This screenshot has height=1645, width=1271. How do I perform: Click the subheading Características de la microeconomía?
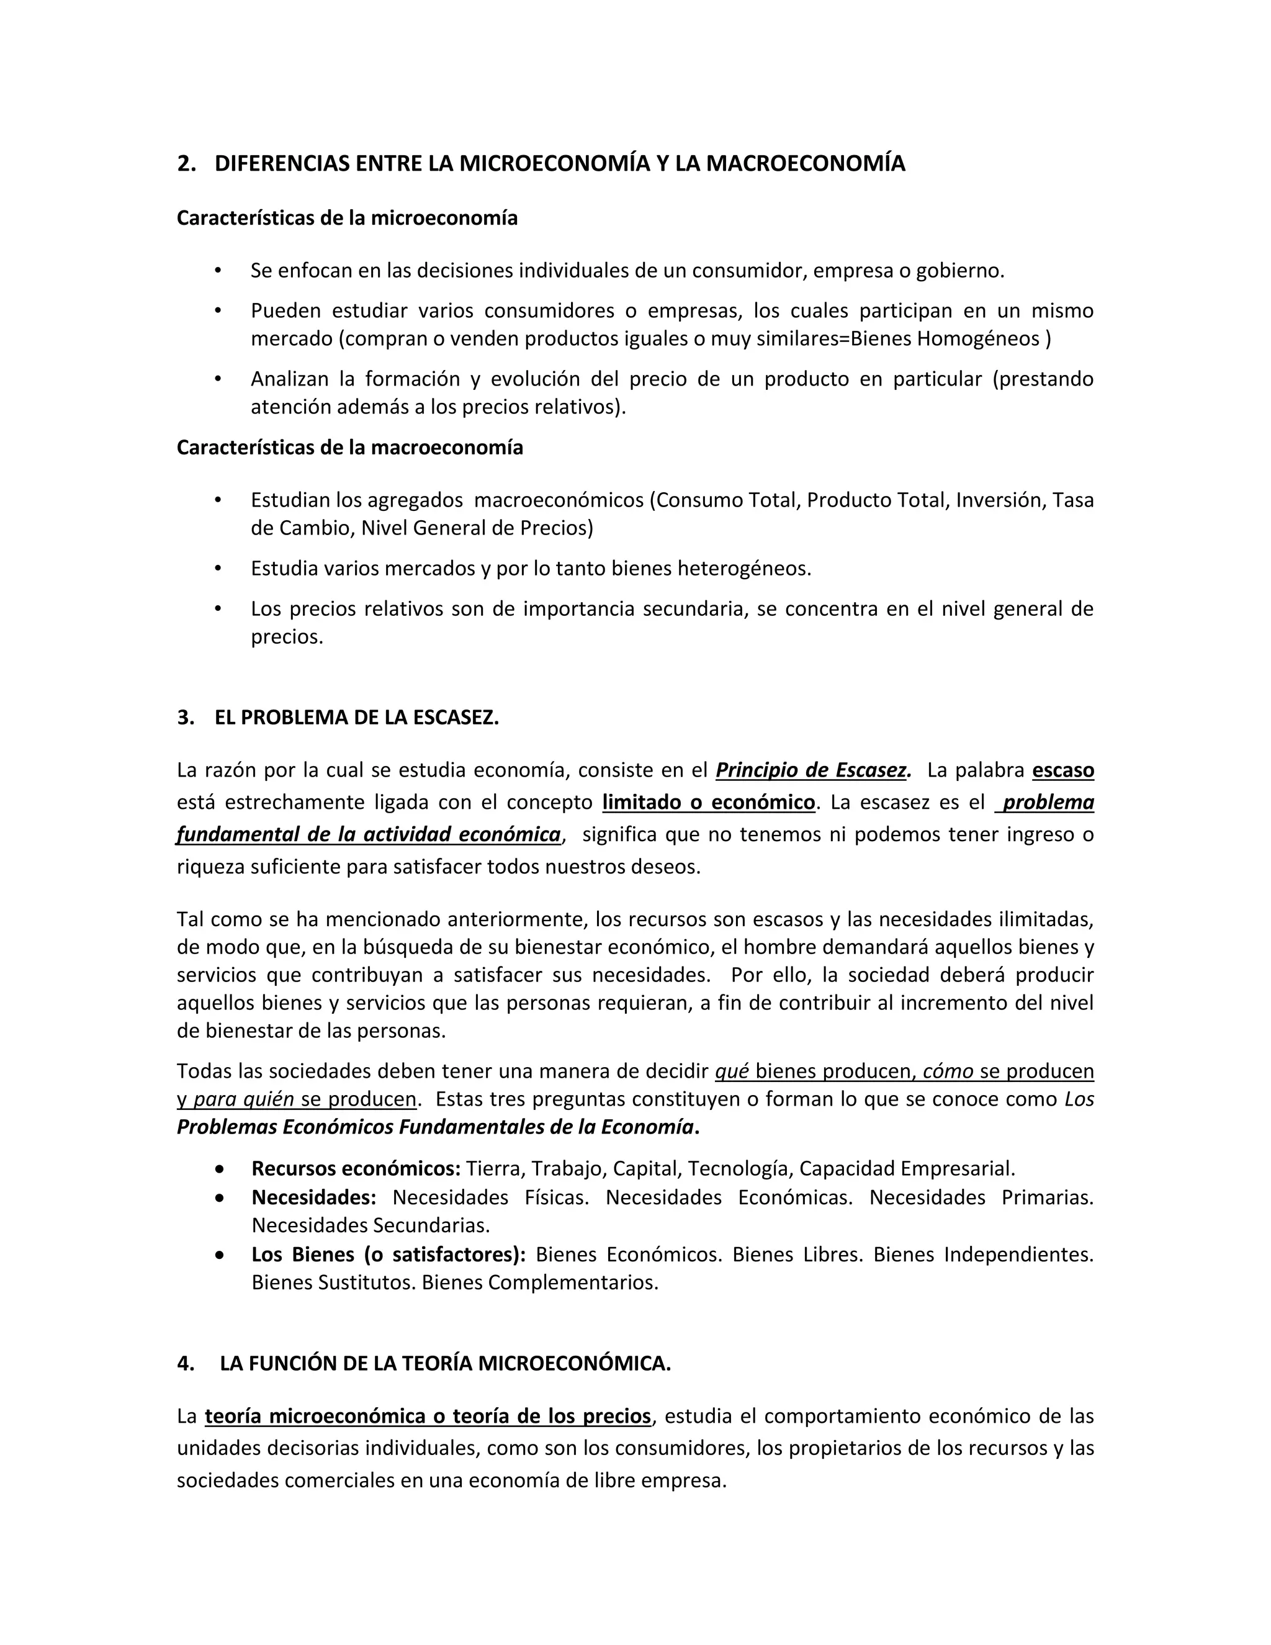[x=347, y=219]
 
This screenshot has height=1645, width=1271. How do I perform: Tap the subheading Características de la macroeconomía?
[x=349, y=448]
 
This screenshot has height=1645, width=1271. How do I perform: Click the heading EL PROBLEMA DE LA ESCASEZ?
[x=356, y=717]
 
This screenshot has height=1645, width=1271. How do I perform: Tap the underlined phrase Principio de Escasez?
[x=812, y=770]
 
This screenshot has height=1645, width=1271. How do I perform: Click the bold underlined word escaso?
[x=1062, y=770]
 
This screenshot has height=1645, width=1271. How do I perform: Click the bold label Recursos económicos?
[x=356, y=1168]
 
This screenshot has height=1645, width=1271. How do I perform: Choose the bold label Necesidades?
[x=313, y=1197]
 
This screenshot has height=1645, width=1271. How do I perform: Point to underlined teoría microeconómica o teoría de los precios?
[x=428, y=1417]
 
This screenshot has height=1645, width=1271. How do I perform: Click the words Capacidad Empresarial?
[x=907, y=1168]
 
